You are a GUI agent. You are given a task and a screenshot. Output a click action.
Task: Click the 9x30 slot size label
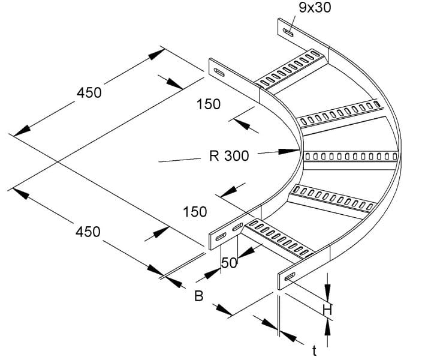click(315, 7)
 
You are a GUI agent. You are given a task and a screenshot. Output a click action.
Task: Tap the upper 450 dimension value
click(89, 92)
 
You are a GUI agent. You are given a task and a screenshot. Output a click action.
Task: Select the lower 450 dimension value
click(88, 232)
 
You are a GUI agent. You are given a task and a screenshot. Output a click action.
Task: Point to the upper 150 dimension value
click(209, 104)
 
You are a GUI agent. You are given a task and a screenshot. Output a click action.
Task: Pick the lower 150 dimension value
click(195, 212)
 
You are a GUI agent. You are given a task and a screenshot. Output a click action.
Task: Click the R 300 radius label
click(229, 156)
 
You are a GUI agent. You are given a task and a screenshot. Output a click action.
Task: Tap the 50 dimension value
click(229, 263)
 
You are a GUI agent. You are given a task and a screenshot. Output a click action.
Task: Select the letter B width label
click(199, 296)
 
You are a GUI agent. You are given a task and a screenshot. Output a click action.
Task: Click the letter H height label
click(327, 310)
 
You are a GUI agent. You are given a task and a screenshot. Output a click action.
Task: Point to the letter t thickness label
click(315, 351)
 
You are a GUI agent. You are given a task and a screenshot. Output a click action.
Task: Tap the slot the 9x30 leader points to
click(288, 32)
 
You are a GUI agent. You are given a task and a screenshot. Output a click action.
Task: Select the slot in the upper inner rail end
click(219, 73)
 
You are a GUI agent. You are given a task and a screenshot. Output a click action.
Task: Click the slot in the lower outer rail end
click(290, 276)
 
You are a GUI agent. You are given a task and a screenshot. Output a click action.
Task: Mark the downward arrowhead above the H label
click(327, 293)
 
